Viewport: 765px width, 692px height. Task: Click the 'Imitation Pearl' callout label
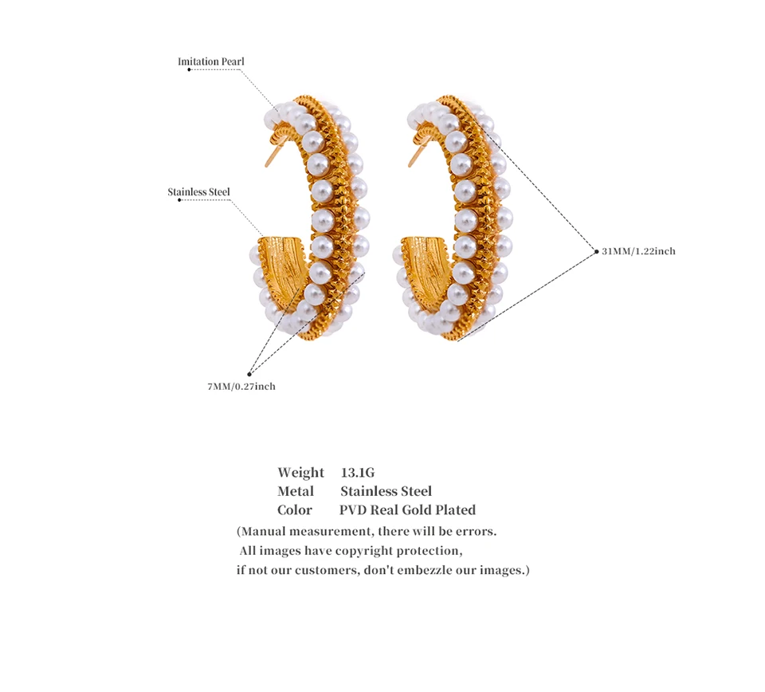[x=210, y=61]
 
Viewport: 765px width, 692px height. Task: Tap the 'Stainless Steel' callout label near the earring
[x=198, y=192]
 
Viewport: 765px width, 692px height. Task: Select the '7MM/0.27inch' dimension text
[x=241, y=387]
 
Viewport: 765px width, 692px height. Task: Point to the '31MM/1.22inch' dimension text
[x=638, y=251]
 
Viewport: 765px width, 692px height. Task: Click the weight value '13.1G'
[x=357, y=473]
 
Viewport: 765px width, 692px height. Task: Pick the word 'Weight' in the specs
[x=300, y=473]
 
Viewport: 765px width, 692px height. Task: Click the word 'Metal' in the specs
[x=296, y=491]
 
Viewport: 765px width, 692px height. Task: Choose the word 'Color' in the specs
[x=295, y=510]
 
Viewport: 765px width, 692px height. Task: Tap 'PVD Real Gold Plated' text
[x=407, y=510]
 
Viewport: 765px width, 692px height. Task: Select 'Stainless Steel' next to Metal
[x=386, y=491]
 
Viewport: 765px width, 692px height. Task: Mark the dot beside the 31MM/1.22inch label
[x=596, y=251]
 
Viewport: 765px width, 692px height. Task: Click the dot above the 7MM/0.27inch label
[x=249, y=373]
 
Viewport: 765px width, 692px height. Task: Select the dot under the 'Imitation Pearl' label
[x=189, y=70]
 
